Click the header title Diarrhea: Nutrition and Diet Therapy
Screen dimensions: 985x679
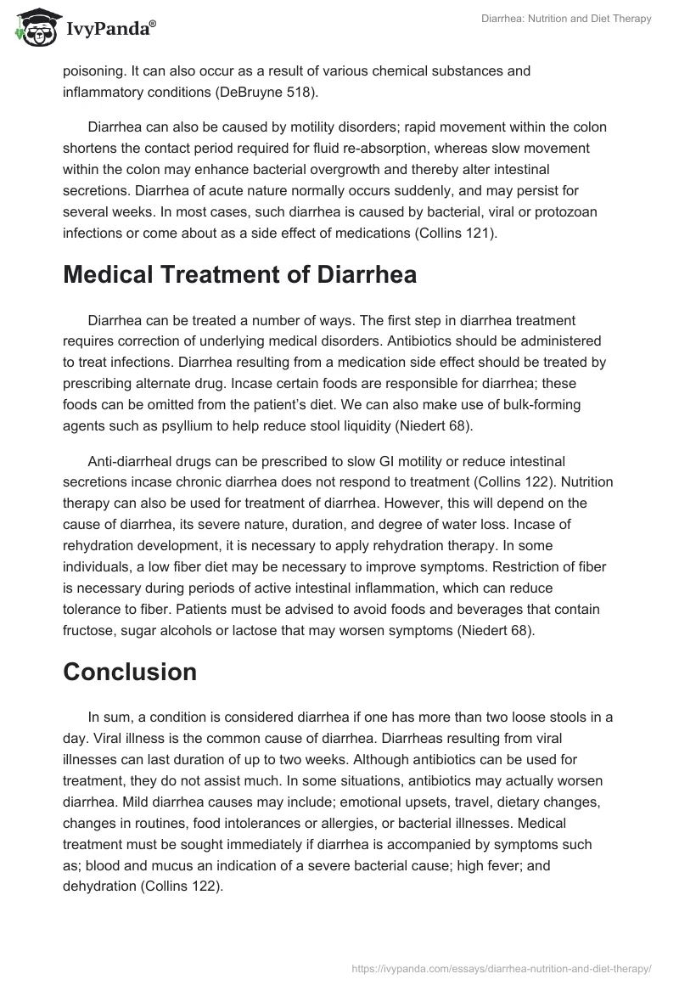pos(567,19)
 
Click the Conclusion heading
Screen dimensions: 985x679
pos(130,672)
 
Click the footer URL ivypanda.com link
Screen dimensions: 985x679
pos(500,967)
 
